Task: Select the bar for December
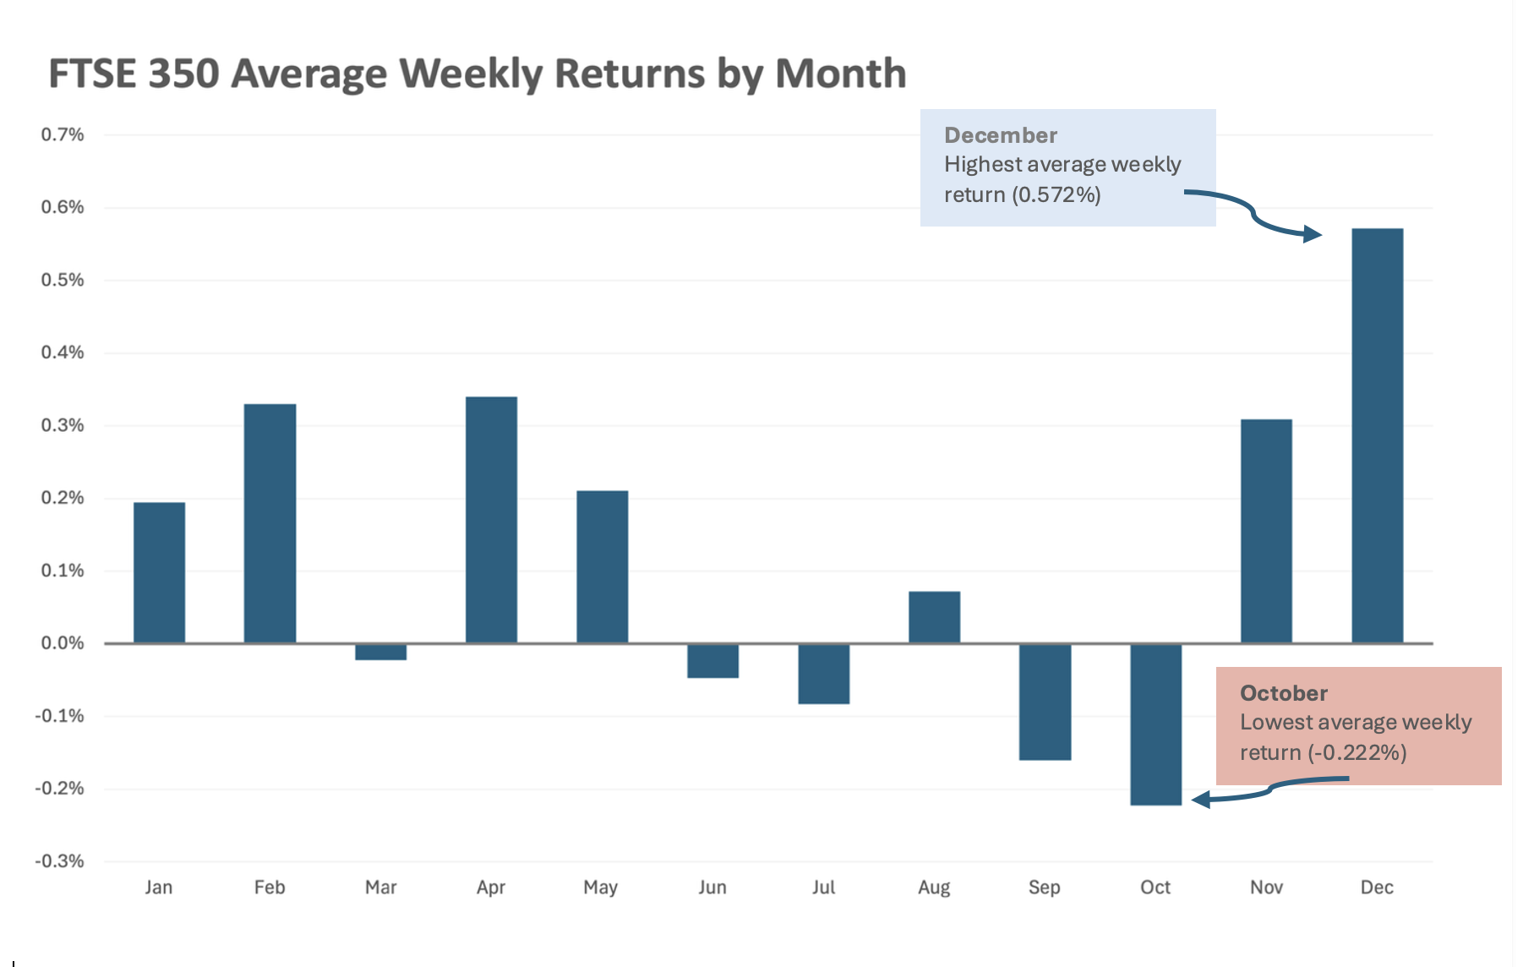point(1377,435)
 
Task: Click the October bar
point(1155,724)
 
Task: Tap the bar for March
point(380,652)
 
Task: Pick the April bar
point(491,520)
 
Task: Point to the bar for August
point(934,617)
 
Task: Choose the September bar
point(1045,702)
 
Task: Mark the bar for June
point(712,660)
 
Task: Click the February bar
point(270,523)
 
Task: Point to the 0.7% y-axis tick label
point(63,134)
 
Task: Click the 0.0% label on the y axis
point(63,643)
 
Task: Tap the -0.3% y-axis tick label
point(59,861)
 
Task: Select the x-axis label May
point(601,888)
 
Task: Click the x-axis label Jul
point(823,887)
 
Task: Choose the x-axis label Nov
point(1266,887)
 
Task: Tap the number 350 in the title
point(183,74)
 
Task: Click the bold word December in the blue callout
point(1001,135)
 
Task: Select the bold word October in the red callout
point(1284,693)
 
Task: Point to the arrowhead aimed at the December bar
point(1313,233)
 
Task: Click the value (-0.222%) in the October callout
point(1357,752)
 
